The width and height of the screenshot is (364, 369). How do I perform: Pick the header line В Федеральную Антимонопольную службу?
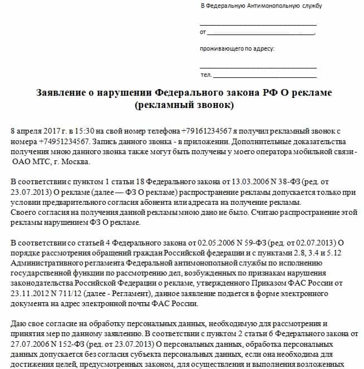(260, 6)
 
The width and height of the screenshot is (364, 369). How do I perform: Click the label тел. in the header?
(205, 75)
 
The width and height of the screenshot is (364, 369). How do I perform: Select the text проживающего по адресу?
(237, 49)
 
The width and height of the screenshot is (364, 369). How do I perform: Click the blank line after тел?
(264, 75)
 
